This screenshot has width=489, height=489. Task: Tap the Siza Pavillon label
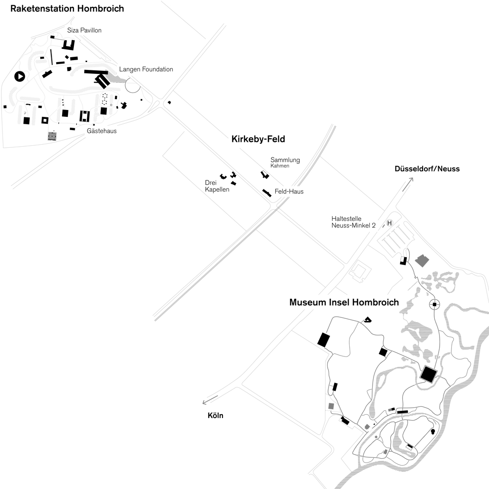(x=84, y=30)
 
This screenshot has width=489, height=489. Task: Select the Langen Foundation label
(x=146, y=69)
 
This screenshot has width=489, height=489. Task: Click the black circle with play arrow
(x=20, y=76)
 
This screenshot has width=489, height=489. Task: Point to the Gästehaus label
(x=102, y=131)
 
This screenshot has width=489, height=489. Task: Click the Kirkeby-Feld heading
(x=258, y=139)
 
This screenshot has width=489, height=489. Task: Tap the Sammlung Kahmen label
(x=285, y=162)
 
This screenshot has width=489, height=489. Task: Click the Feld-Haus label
(x=289, y=192)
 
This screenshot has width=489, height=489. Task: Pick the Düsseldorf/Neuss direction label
(x=427, y=169)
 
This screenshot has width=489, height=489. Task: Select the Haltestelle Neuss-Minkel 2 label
(x=354, y=222)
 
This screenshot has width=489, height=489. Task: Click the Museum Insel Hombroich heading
(x=344, y=303)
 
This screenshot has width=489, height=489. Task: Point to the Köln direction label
(x=215, y=416)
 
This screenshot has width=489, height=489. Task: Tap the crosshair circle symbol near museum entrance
(x=434, y=305)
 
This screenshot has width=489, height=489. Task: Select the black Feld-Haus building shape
(x=267, y=192)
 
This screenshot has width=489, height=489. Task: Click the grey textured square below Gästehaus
(x=52, y=136)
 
